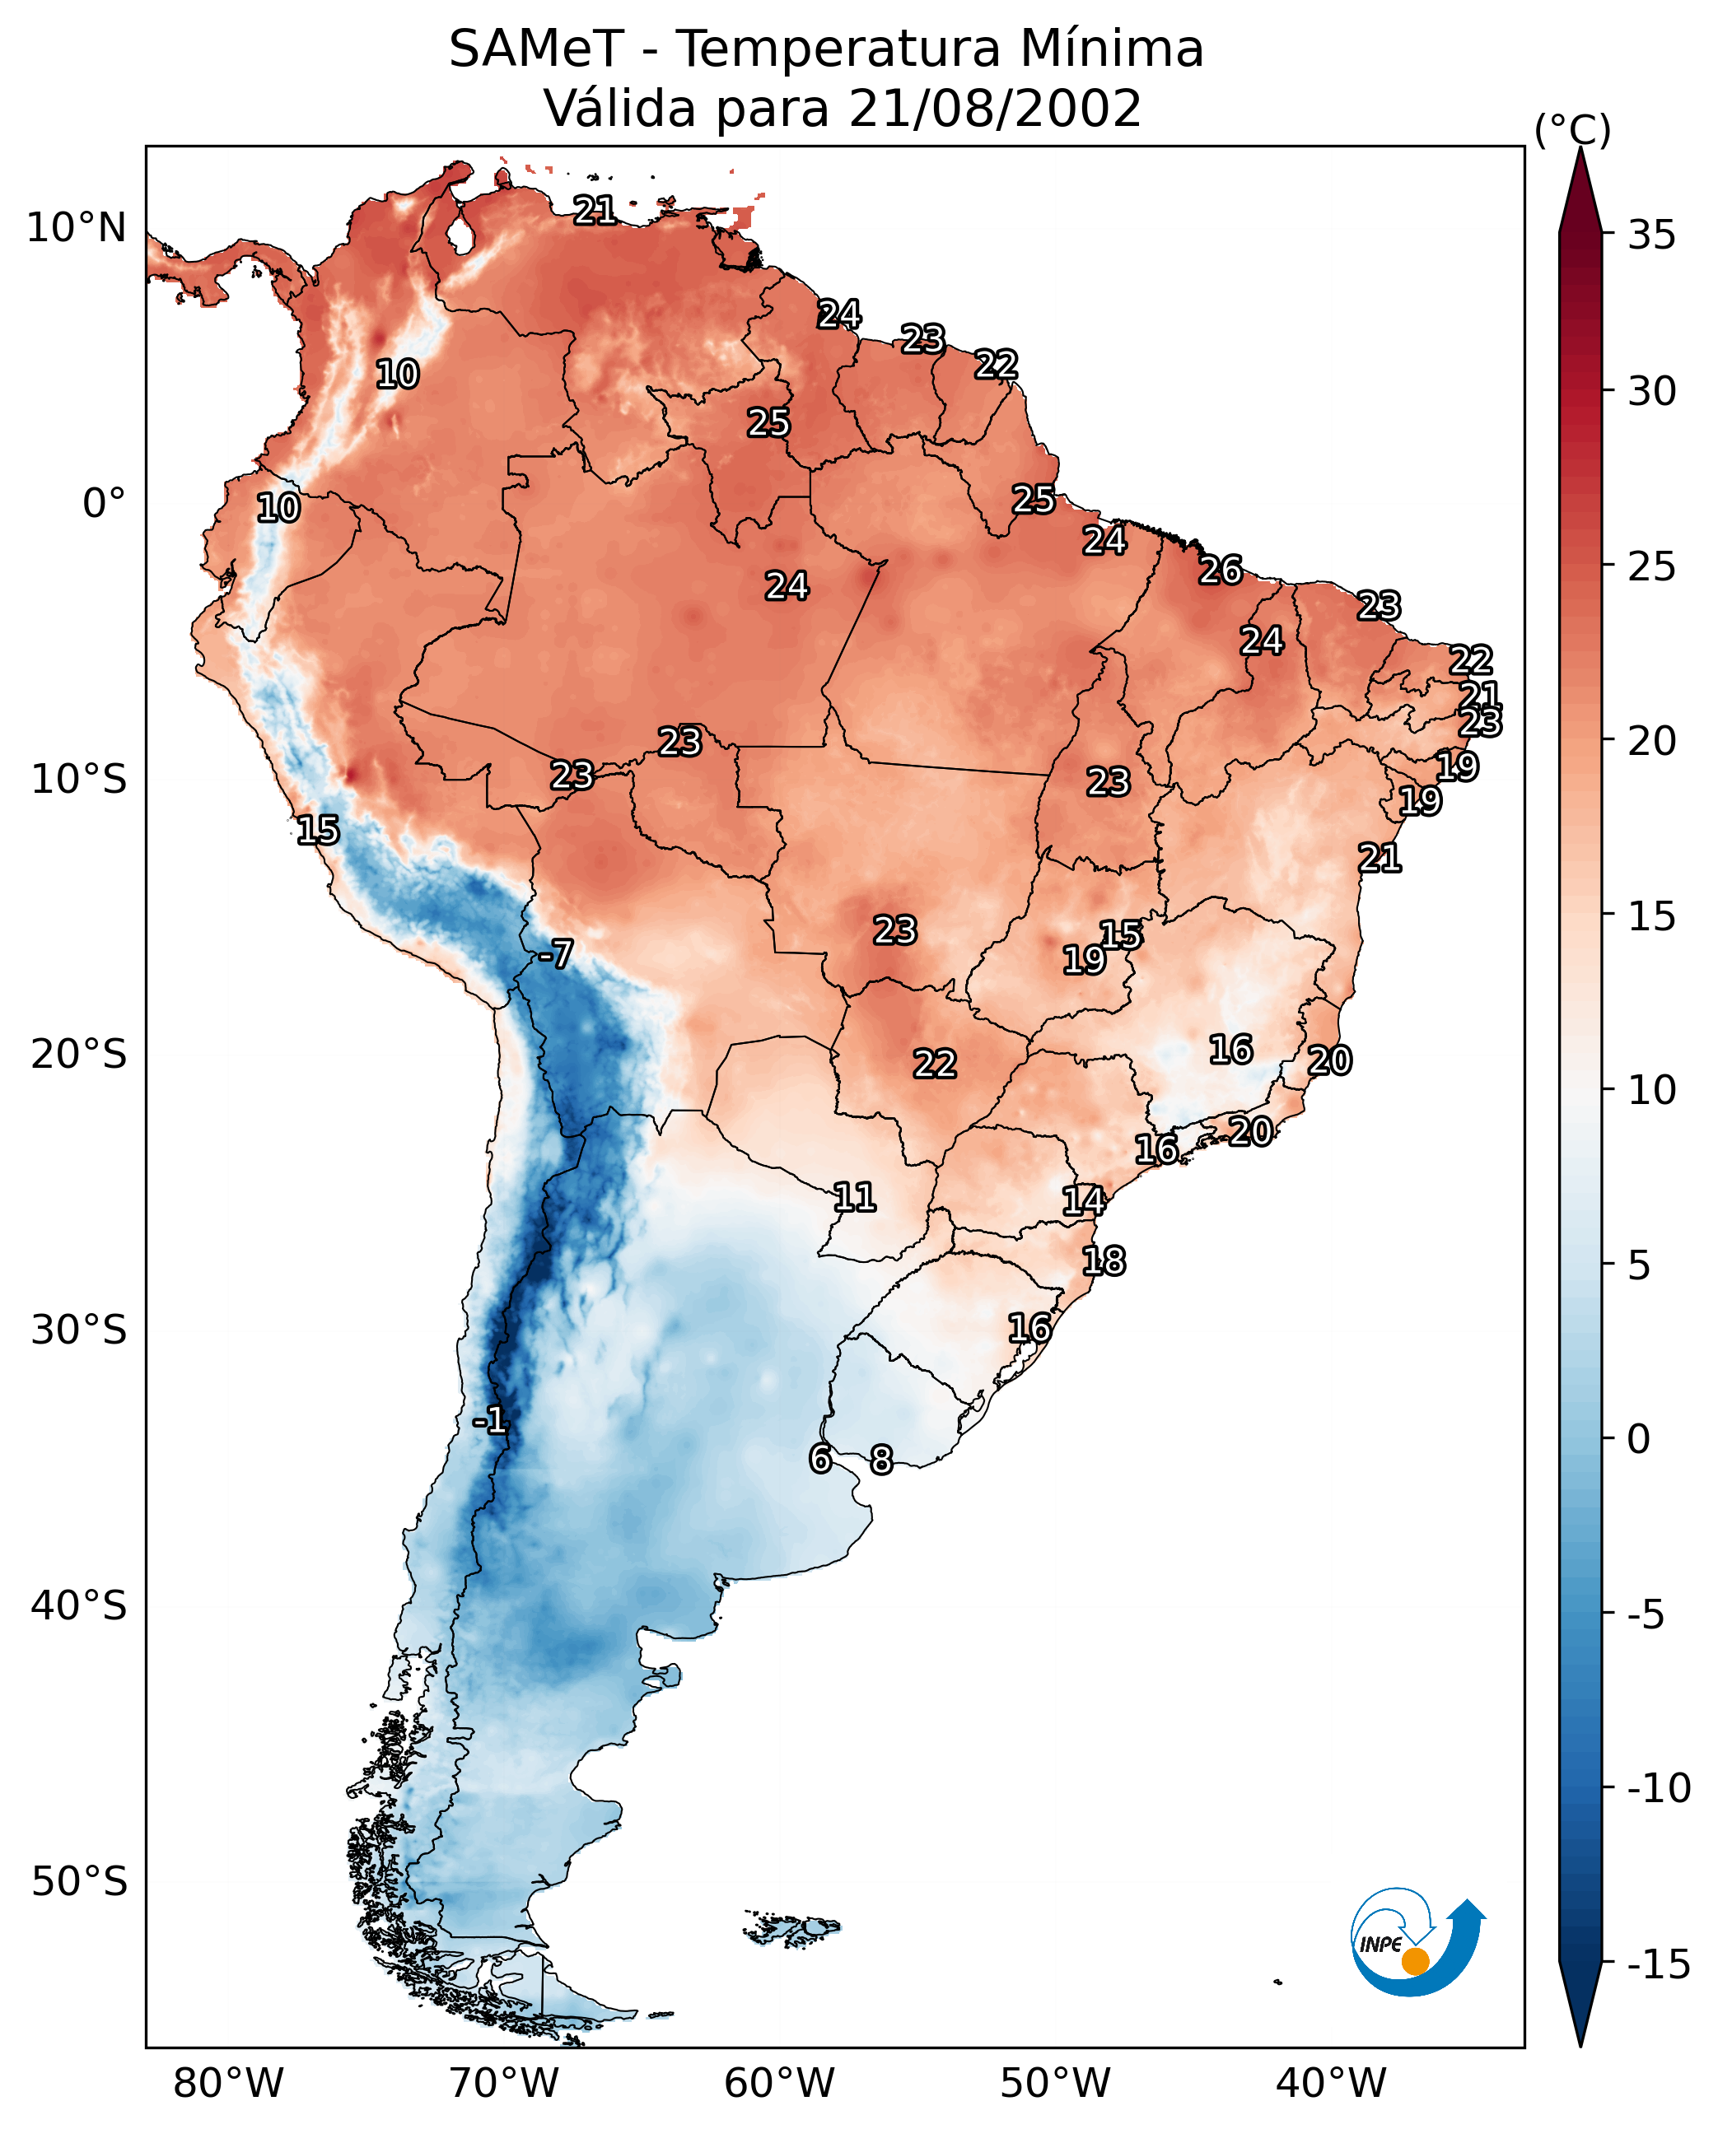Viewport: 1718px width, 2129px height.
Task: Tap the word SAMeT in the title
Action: pyautogui.click(x=535, y=49)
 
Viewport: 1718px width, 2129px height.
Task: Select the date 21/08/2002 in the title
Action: pyautogui.click(x=995, y=109)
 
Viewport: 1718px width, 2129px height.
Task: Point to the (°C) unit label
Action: pyautogui.click(x=1572, y=129)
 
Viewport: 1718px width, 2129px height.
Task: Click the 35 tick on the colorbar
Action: pyautogui.click(x=1651, y=235)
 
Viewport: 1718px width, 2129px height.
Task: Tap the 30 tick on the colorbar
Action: pyautogui.click(x=1651, y=392)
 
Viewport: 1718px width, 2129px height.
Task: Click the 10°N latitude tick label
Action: pyautogui.click(x=77, y=229)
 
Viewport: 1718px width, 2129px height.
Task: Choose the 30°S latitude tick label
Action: pyautogui.click(x=79, y=1330)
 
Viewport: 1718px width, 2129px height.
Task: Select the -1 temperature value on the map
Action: pyautogui.click(x=490, y=1421)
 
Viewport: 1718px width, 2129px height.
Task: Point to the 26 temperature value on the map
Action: pyautogui.click(x=1221, y=571)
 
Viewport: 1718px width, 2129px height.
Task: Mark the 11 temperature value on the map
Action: pyautogui.click(x=854, y=1198)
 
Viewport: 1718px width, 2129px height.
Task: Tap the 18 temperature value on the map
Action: pyautogui.click(x=1104, y=1261)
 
